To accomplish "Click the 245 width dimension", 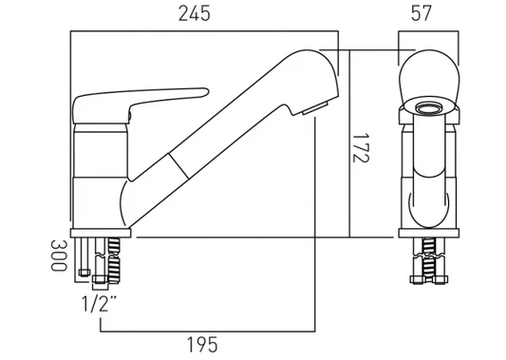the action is pyautogui.click(x=195, y=14).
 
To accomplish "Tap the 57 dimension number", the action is pyautogui.click(x=422, y=13).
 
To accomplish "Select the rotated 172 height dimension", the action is pyautogui.click(x=361, y=147).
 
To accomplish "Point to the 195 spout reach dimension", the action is pyautogui.click(x=202, y=345).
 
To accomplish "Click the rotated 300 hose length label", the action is pyautogui.click(x=59, y=256).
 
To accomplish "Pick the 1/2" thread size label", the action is pyautogui.click(x=100, y=304).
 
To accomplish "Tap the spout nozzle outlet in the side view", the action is pyautogui.click(x=315, y=108).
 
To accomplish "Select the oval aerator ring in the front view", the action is pyautogui.click(x=429, y=108).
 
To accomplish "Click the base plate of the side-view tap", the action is pyautogui.click(x=101, y=233).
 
